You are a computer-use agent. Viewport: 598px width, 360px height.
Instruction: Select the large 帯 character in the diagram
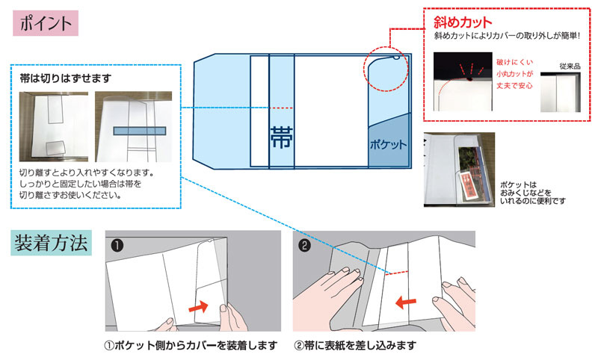[281, 136]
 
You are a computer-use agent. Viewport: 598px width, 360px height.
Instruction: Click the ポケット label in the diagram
[389, 143]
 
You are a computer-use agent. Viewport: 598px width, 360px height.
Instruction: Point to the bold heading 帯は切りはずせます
[66, 76]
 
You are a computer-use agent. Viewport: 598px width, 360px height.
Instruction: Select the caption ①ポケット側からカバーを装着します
[191, 346]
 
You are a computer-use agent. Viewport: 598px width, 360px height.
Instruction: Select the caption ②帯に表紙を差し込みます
[355, 346]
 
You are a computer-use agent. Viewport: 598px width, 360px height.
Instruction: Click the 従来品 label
[571, 66]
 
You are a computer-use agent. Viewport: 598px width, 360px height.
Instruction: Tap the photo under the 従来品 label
[571, 91]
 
